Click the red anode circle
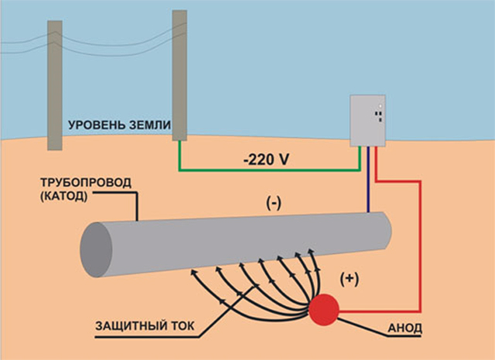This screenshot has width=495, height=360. point(324,310)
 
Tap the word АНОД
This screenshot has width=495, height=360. point(405,328)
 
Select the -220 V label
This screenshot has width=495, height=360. point(266,160)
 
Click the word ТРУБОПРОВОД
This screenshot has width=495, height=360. point(86,183)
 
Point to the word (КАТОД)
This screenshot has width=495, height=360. point(63,197)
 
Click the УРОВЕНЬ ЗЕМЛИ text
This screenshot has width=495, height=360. point(119,125)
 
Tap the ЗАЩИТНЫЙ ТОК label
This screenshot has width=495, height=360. point(145,326)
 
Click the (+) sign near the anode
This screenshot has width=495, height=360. point(350,279)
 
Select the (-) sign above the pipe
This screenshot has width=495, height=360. point(273,204)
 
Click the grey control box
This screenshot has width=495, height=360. point(368,121)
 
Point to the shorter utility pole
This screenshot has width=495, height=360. point(55,85)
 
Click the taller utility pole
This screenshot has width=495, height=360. point(179,75)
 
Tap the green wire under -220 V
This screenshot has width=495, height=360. point(270,170)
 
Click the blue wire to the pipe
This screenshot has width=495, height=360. point(368,179)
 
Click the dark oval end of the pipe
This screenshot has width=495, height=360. point(96,250)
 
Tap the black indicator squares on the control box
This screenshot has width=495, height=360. point(379,116)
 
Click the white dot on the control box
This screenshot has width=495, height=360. point(381,106)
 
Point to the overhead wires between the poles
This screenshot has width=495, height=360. point(117,44)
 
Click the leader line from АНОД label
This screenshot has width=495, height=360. point(363,327)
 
